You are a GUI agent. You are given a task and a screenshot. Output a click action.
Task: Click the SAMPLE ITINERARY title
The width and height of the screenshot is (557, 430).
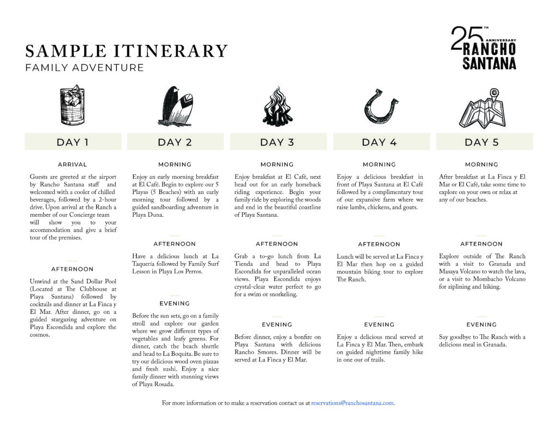pos(126,51)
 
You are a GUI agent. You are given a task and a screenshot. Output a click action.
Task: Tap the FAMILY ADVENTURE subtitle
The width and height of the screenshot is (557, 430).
pos(85,68)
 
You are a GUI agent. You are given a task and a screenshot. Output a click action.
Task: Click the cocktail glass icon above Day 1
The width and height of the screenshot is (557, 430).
pos(72,105)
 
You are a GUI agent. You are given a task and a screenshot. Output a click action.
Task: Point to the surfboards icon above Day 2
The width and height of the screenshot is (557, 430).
pos(175,106)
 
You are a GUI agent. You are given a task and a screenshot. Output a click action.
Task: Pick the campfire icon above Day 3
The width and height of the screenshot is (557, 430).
pos(277,106)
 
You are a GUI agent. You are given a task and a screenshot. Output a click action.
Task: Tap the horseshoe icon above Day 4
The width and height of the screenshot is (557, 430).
pos(380,106)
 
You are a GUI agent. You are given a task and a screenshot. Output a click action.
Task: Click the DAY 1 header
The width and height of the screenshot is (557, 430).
pos(72,142)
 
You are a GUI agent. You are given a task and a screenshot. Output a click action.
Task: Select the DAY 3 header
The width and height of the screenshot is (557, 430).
pos(277,142)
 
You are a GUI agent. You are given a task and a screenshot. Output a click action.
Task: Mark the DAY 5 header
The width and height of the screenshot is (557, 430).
pos(481,142)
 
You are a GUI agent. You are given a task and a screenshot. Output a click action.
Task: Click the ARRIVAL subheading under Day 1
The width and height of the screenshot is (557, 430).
pos(72,165)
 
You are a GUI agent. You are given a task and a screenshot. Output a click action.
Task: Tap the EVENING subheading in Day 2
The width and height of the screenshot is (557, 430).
pos(175,304)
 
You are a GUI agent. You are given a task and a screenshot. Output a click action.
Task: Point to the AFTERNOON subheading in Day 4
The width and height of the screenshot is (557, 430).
pos(379,245)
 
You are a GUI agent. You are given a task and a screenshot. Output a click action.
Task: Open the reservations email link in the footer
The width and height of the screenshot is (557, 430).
pos(353,403)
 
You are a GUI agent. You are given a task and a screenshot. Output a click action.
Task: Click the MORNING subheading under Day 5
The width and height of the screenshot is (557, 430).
pos(481,165)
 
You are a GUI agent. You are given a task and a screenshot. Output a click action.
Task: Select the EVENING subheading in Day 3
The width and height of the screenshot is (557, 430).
pos(277,325)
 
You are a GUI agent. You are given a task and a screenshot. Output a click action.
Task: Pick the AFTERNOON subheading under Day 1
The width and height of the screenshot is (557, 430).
pos(72,269)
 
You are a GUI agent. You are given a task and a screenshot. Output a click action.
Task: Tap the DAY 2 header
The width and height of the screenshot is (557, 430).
pos(175,142)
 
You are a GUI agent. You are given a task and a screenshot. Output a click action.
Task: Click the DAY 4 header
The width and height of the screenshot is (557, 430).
pos(379,142)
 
